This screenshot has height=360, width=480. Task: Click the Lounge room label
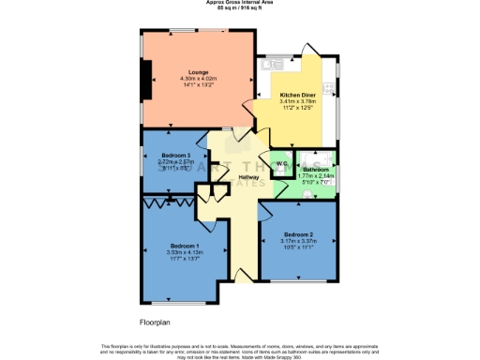click(198, 72)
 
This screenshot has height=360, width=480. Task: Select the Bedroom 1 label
click(185, 246)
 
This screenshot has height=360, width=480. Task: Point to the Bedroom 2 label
click(298, 233)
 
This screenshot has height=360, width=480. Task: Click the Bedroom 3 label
click(175, 155)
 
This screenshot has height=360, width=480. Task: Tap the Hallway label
click(248, 177)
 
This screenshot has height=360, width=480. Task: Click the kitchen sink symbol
click(274, 65)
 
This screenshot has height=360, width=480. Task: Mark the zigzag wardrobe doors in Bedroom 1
click(169, 200)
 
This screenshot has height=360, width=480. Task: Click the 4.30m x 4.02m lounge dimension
click(198, 79)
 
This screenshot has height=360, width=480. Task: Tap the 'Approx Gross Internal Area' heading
click(240, 4)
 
